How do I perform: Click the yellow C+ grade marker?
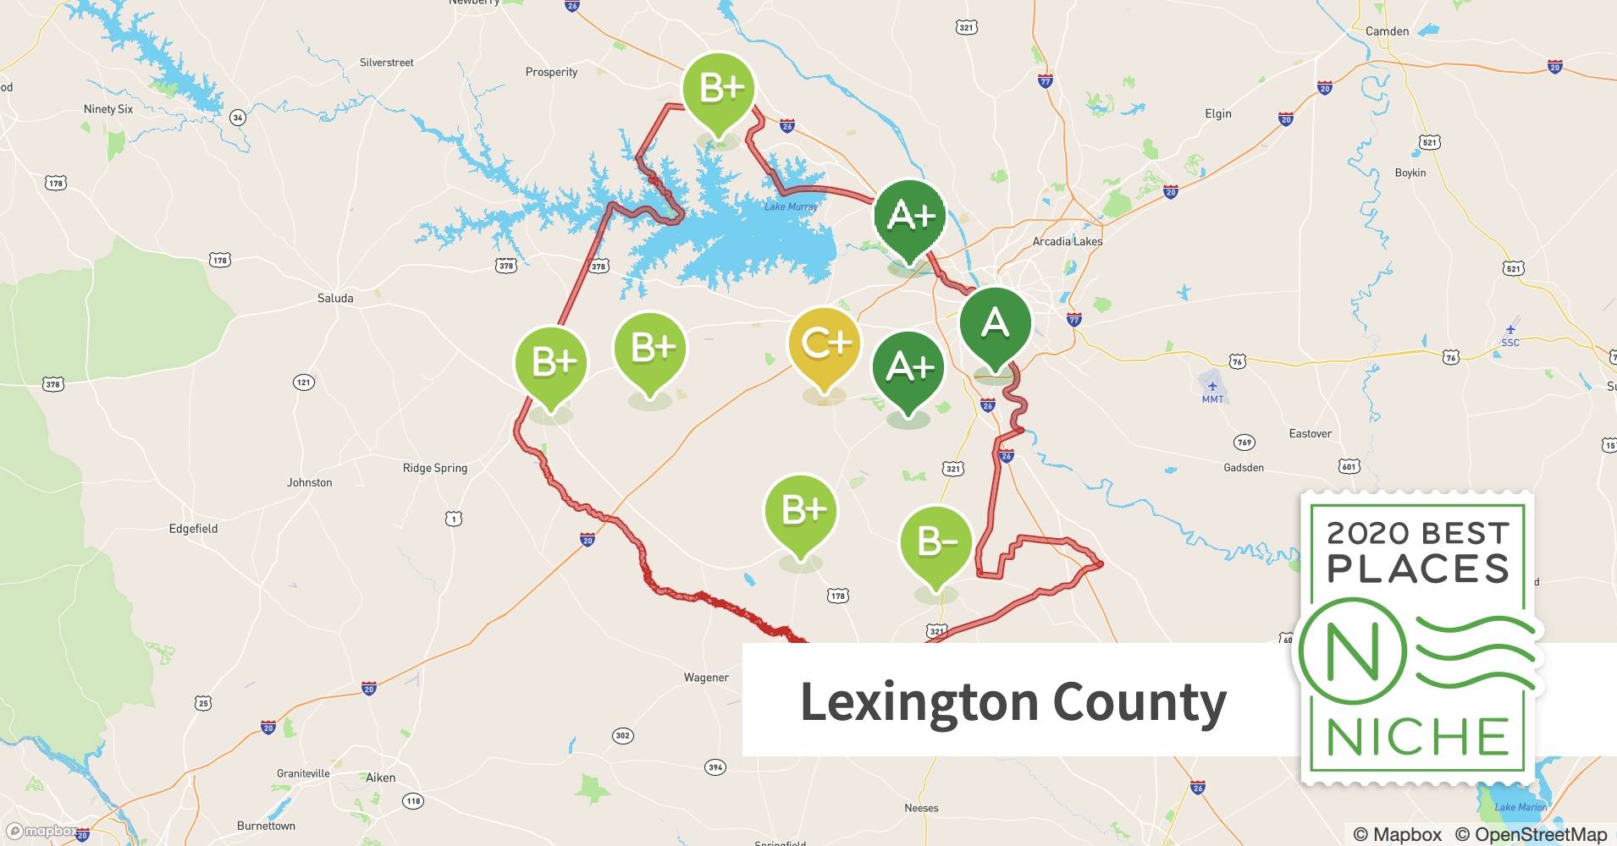click(x=824, y=343)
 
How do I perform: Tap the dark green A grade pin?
click(x=995, y=324)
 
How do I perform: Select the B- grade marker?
click(x=935, y=541)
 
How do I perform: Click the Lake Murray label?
click(x=791, y=206)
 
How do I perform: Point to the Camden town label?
click(x=1387, y=31)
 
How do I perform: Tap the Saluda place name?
click(x=335, y=298)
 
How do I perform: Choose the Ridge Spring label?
click(x=434, y=468)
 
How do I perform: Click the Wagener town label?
click(x=706, y=677)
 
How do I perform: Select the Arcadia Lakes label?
click(x=1067, y=241)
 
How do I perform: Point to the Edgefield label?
click(x=193, y=529)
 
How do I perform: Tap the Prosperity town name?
click(x=551, y=72)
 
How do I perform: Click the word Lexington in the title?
click(x=919, y=702)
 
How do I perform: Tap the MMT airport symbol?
click(x=1212, y=387)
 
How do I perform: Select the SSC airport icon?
click(x=1509, y=329)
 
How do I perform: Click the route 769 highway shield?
click(x=1244, y=442)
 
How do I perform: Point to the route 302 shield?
click(x=622, y=735)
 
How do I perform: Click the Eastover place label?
click(x=1310, y=433)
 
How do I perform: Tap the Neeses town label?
click(x=921, y=808)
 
